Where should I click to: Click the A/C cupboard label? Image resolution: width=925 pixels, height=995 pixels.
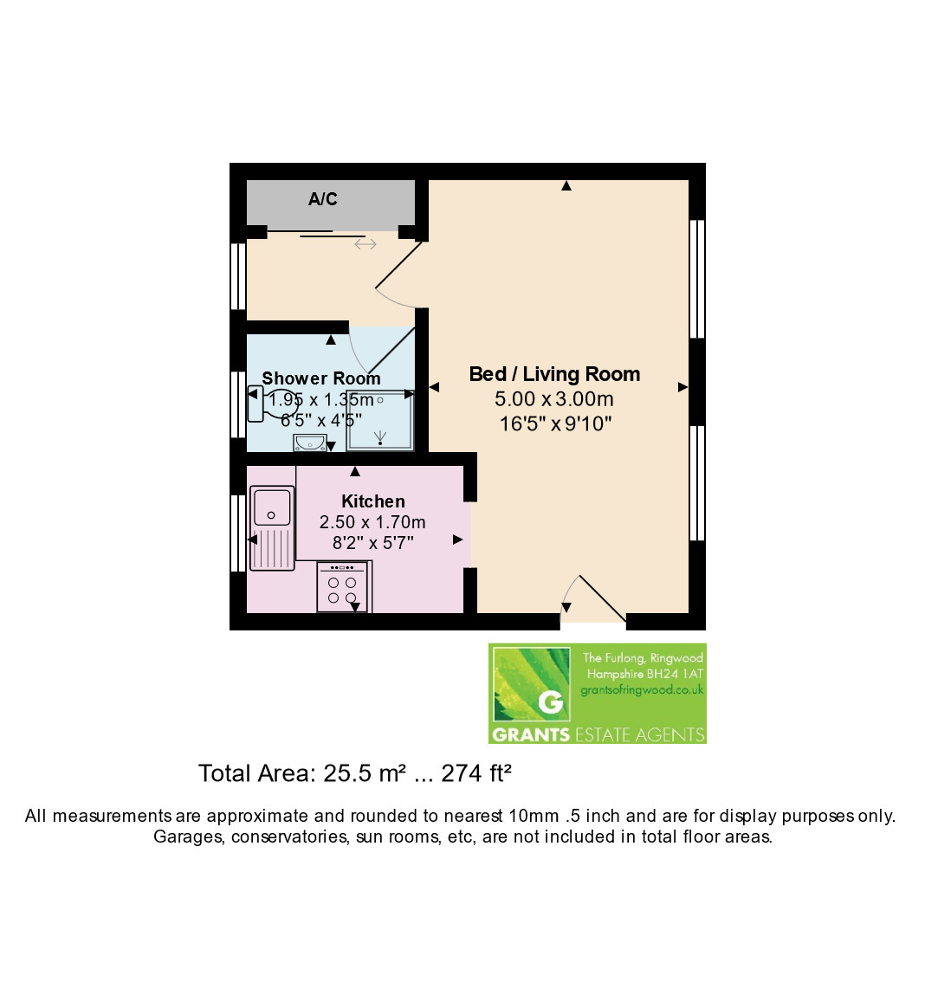[x=322, y=199]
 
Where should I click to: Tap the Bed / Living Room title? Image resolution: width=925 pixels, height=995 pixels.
[x=554, y=374]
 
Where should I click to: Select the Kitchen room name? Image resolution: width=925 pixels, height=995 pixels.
[x=373, y=501]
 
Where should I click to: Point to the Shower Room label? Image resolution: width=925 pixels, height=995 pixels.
[x=321, y=378]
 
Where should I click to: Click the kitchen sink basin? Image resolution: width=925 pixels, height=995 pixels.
[x=272, y=507]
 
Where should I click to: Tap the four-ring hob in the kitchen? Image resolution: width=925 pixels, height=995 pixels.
[x=343, y=587]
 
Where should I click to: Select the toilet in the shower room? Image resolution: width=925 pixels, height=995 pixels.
[x=271, y=404]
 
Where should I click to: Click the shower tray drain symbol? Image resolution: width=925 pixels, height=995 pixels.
[x=380, y=436]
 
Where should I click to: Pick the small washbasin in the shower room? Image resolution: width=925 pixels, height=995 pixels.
[x=310, y=443]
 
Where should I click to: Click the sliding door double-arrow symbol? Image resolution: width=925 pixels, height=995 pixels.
[x=365, y=244]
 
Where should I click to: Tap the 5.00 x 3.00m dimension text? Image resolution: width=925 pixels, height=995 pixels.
[x=554, y=399]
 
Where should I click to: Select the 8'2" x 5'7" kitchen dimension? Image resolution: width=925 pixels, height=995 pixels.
[x=373, y=543]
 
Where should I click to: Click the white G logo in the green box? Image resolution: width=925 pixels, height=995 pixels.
[x=551, y=701]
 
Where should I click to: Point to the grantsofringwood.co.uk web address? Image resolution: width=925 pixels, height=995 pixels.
[x=642, y=690]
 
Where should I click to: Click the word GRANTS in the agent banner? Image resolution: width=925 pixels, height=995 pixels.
[x=532, y=735]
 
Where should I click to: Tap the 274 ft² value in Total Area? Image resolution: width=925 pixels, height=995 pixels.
[x=476, y=773]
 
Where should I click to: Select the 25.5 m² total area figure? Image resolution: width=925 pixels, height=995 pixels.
[x=365, y=773]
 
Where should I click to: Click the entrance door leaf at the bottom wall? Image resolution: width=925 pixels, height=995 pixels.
[x=603, y=598]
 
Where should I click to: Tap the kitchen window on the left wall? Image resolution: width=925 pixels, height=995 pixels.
[x=238, y=533]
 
